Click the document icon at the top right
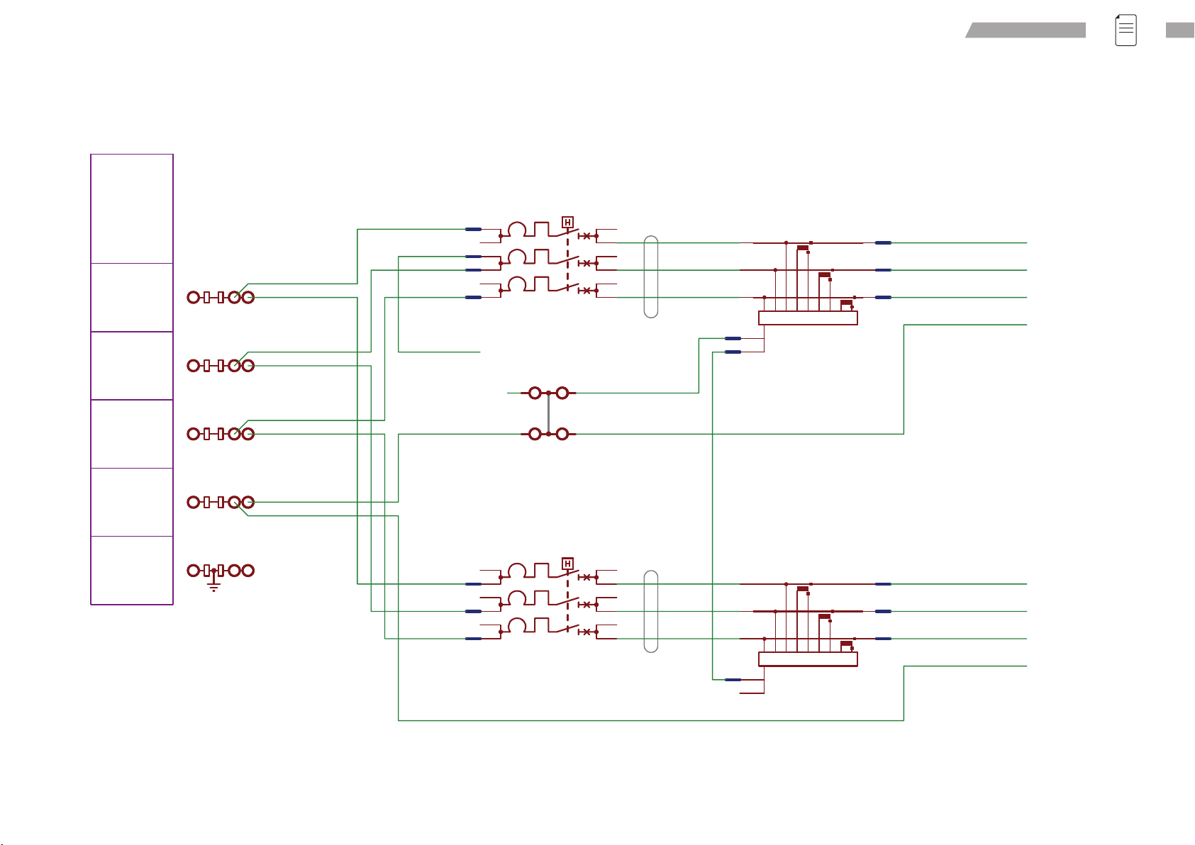point(1125,30)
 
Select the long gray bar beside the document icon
point(1026,30)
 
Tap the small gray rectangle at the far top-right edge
point(1180,30)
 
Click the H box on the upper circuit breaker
point(567,223)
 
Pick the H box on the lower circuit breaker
point(567,564)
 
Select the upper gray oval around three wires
point(651,277)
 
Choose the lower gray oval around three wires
point(651,612)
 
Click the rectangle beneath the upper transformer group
point(808,318)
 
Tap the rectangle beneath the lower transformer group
point(808,659)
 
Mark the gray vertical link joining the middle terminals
point(548,413)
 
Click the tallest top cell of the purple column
point(132,208)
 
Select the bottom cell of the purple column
point(132,571)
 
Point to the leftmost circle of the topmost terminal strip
point(193,298)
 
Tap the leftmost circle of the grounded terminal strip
point(193,571)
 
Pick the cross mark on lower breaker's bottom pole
point(587,632)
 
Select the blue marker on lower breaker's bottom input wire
point(473,639)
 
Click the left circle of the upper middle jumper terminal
point(535,393)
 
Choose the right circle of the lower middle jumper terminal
point(562,434)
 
